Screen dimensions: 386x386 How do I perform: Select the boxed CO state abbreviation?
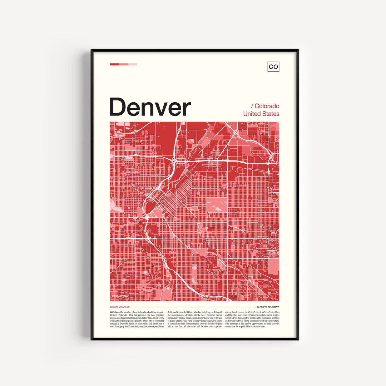click(x=273, y=66)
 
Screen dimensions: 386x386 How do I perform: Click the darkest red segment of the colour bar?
click(x=114, y=64)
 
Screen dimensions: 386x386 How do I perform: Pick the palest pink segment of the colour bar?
click(x=133, y=64)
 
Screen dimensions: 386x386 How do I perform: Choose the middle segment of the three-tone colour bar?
click(x=124, y=64)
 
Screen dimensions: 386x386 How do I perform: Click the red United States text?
click(x=261, y=114)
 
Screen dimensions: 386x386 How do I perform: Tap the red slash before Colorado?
click(x=252, y=106)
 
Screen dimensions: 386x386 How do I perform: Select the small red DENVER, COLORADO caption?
click(x=120, y=307)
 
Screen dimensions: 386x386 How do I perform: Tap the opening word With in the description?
click(x=113, y=312)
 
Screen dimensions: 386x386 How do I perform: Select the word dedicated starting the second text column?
click(x=174, y=312)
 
